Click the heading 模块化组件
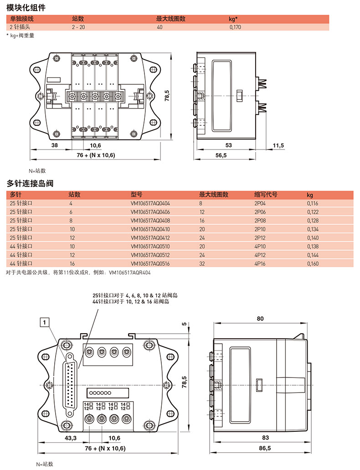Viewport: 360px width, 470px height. [26, 8]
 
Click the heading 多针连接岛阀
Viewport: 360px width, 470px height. [30, 184]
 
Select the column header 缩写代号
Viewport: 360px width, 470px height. [266, 195]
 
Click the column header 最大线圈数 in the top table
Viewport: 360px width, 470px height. [171, 19]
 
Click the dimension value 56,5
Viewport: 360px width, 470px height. [221, 155]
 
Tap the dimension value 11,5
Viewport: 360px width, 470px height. [278, 145]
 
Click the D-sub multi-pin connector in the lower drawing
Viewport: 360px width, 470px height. [70, 383]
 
